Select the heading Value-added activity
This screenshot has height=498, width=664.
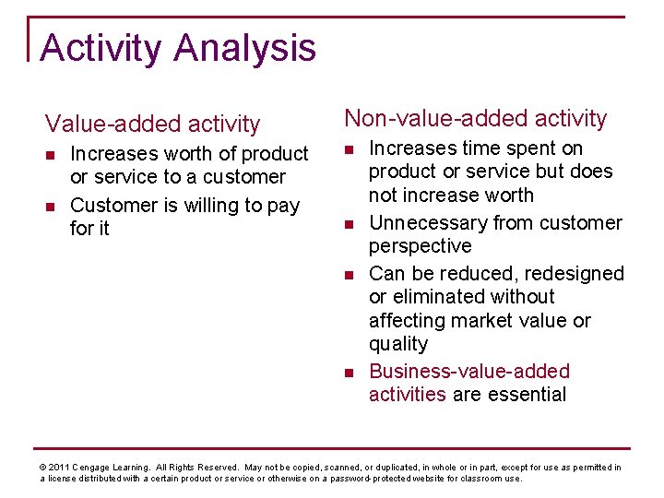coord(153,124)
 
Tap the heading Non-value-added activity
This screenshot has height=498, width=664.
coord(475,118)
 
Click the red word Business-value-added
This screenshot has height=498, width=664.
coord(468,371)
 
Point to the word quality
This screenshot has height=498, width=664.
coord(398,344)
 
